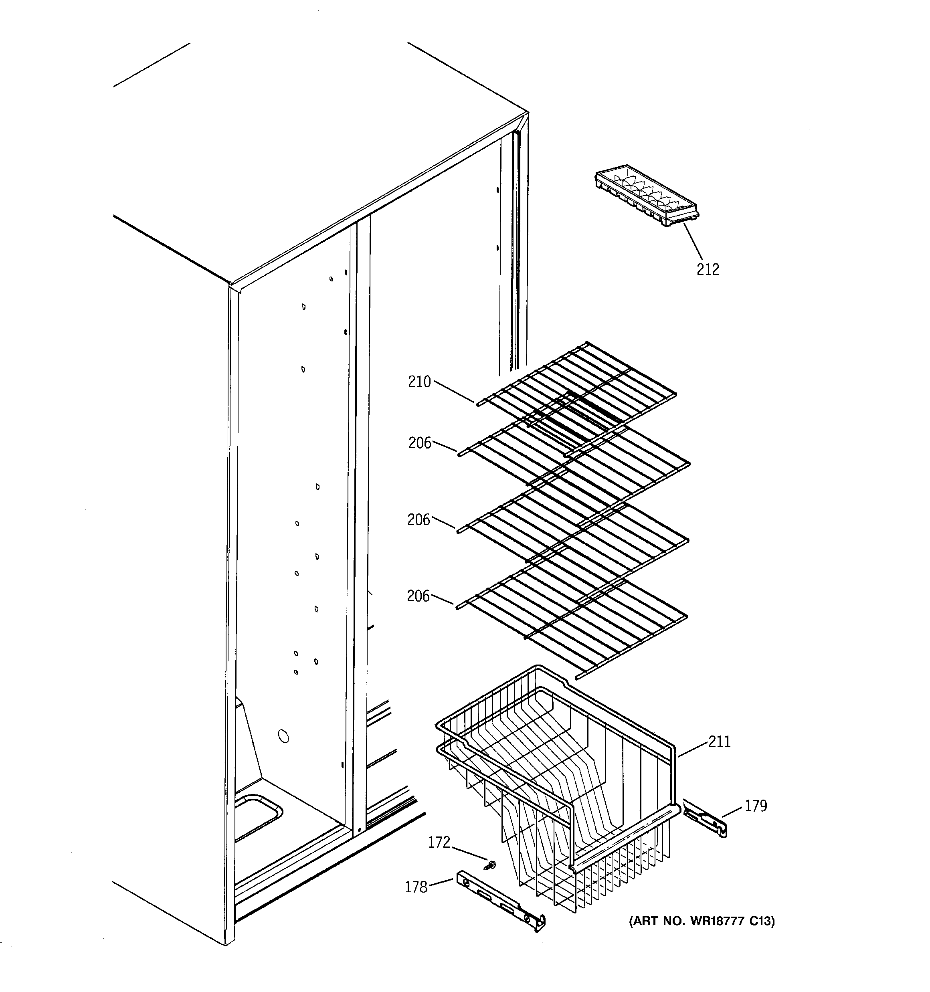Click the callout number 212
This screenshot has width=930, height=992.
pyautogui.click(x=708, y=269)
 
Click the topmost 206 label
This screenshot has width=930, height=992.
pyautogui.click(x=419, y=443)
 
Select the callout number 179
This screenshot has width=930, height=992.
pyautogui.click(x=756, y=806)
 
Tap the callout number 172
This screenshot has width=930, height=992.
pyautogui.click(x=439, y=842)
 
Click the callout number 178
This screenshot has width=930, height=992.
pyautogui.click(x=416, y=887)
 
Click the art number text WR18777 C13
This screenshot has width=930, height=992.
pyautogui.click(x=702, y=921)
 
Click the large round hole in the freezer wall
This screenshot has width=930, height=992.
pyautogui.click(x=283, y=736)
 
